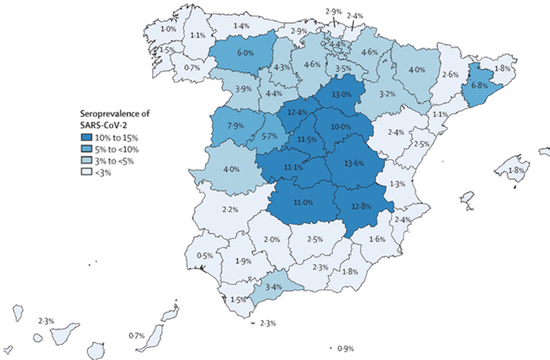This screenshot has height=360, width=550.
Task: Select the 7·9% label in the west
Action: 235,125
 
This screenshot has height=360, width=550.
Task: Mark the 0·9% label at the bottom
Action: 347,349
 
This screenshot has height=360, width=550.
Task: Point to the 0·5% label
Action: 205,256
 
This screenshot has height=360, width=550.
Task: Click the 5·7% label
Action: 271,137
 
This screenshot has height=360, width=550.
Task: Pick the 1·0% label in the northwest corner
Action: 167,30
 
